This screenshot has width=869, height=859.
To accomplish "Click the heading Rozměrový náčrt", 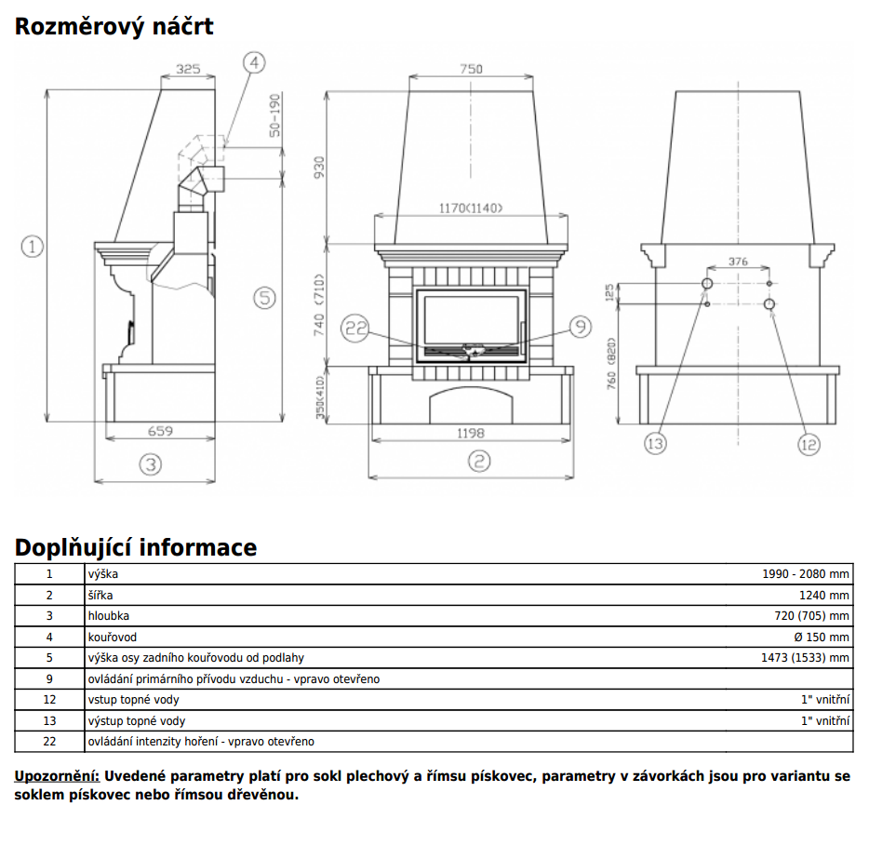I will click(x=114, y=26).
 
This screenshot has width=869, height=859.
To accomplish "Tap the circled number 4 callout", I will click(x=255, y=62).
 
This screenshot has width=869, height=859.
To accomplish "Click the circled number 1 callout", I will click(x=33, y=247).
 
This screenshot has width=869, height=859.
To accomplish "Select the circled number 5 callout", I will click(x=264, y=298).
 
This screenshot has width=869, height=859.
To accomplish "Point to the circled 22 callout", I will click(x=355, y=327).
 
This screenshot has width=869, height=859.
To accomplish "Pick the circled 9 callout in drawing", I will click(x=580, y=326).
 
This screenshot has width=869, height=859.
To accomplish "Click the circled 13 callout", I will click(x=655, y=443).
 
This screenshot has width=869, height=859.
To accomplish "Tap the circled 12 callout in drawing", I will click(x=809, y=444).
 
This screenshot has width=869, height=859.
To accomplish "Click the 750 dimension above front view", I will click(x=472, y=69).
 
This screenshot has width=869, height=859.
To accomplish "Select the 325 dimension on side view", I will click(x=188, y=69).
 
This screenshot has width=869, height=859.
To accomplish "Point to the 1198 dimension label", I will click(x=472, y=433).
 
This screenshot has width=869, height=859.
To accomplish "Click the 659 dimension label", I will click(x=161, y=431).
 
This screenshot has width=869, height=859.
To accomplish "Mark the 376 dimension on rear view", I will click(x=738, y=262).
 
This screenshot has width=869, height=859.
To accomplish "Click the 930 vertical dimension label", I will click(x=319, y=168).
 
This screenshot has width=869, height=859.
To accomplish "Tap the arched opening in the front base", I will click(x=471, y=407).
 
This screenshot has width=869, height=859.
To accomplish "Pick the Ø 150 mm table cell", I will click(x=822, y=638).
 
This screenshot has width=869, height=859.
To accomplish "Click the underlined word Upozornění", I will click(x=57, y=776).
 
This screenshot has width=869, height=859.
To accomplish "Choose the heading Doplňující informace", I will click(x=136, y=547).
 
